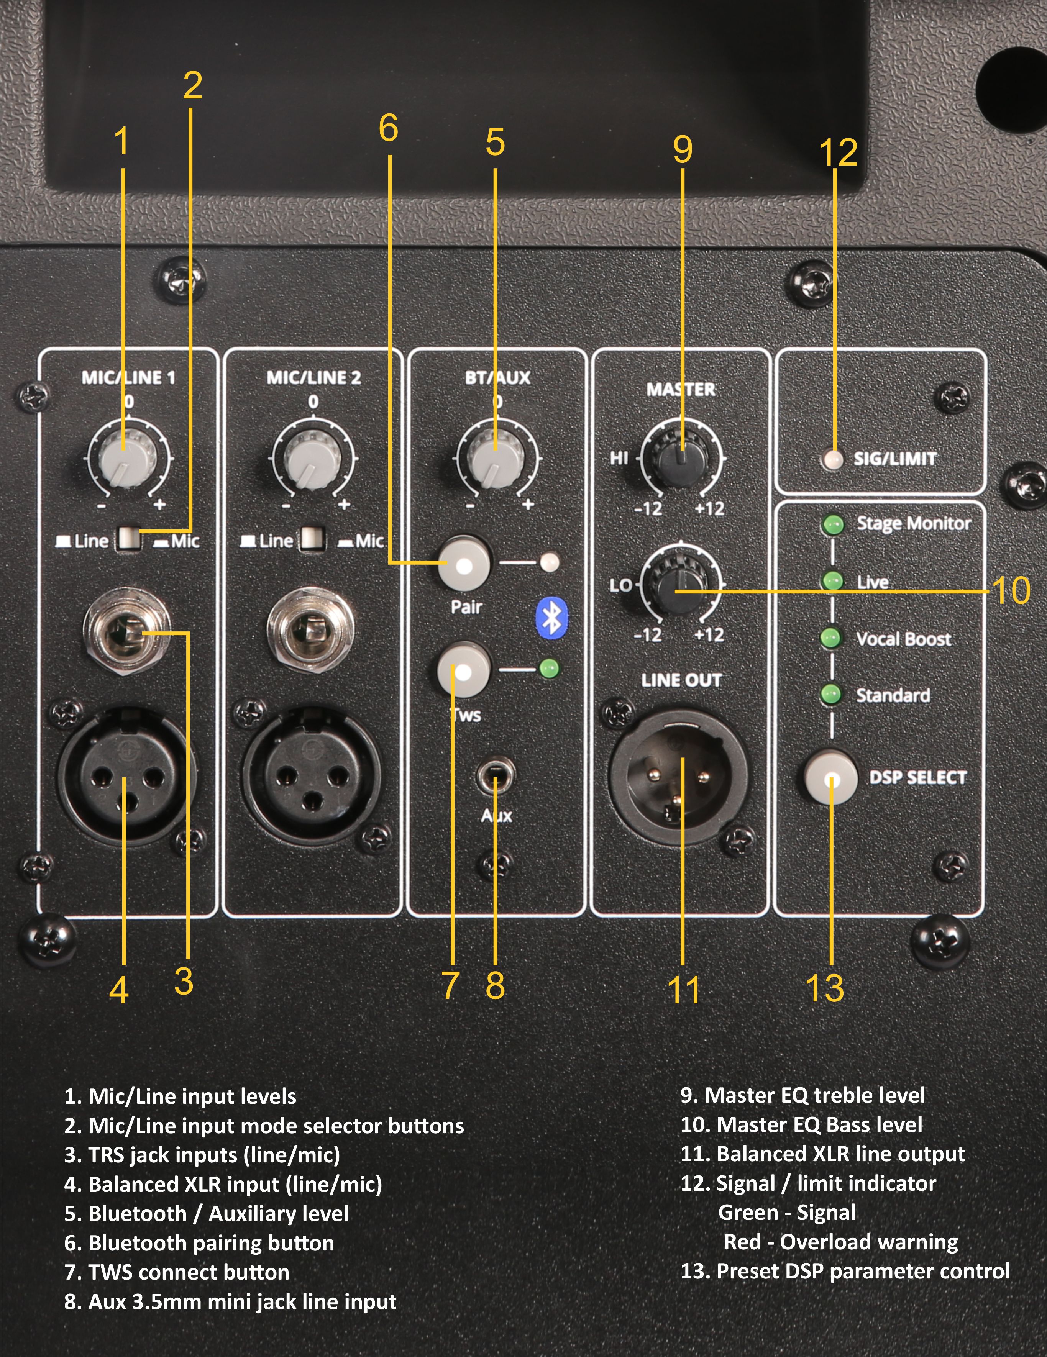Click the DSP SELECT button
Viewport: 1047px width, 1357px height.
pyautogui.click(x=831, y=777)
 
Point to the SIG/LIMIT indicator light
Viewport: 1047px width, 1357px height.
pyautogui.click(x=833, y=459)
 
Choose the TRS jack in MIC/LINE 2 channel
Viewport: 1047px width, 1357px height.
pyautogui.click(x=311, y=631)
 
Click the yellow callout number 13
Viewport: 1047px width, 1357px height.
pyautogui.click(x=825, y=988)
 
